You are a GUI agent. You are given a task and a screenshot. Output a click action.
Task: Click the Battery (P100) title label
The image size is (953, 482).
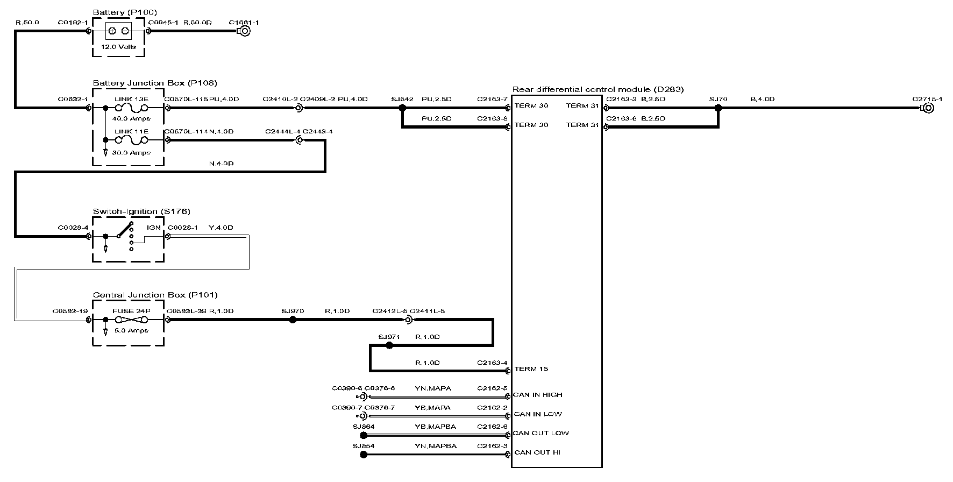click(x=125, y=12)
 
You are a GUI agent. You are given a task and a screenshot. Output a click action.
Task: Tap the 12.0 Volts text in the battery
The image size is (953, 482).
click(x=118, y=47)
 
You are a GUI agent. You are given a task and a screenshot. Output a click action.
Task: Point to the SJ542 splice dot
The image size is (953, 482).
click(x=402, y=108)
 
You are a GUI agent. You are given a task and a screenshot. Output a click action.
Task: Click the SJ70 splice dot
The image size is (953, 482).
click(x=717, y=108)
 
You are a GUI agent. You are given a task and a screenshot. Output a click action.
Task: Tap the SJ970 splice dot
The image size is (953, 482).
click(x=293, y=320)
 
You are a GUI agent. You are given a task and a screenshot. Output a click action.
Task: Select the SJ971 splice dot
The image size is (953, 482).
click(x=389, y=345)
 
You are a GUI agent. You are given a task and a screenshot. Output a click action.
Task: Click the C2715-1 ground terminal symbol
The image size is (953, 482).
click(x=927, y=108)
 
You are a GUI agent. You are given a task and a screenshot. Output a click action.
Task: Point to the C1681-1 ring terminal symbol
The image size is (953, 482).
click(x=244, y=31)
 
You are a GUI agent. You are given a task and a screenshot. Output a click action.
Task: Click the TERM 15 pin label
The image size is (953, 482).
click(x=531, y=369)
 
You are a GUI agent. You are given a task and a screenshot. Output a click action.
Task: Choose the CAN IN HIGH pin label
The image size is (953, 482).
click(x=537, y=395)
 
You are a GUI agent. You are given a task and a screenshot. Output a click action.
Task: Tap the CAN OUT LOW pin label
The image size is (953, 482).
click(x=540, y=433)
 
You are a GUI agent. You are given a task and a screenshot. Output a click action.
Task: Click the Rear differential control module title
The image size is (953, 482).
click(x=598, y=89)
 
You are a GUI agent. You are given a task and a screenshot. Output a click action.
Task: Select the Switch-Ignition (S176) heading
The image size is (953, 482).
click(x=141, y=211)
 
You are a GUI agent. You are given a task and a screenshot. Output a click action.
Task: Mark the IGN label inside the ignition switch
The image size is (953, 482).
click(x=154, y=228)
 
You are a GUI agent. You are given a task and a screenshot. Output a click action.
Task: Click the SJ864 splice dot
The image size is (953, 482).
click(x=364, y=435)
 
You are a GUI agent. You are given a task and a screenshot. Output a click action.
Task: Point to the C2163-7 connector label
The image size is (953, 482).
click(x=492, y=99)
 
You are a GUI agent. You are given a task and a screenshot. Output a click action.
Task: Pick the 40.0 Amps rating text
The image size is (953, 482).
click(x=131, y=118)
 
